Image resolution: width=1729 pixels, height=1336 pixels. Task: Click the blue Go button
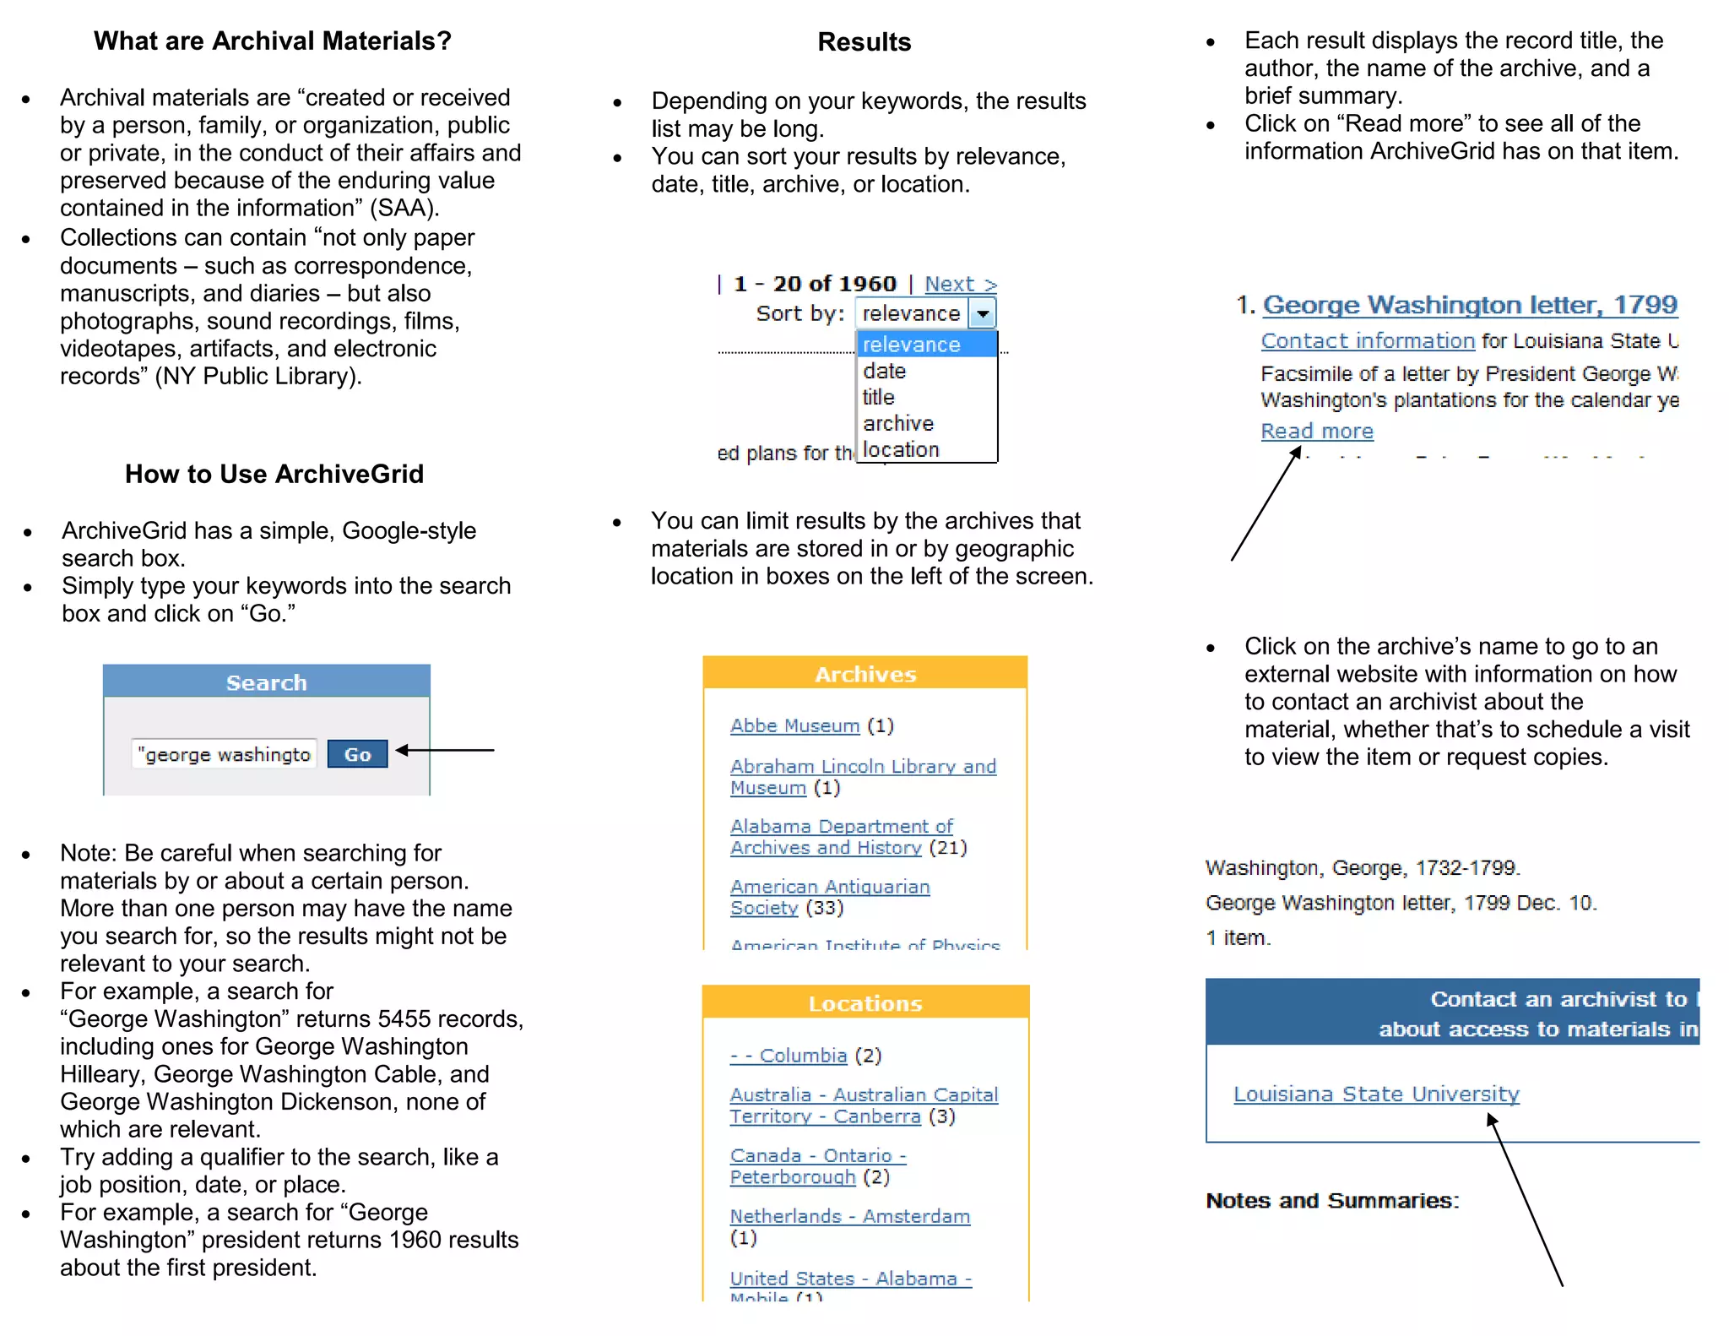click(x=357, y=754)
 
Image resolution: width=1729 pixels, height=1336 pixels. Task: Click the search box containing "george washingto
click(x=225, y=754)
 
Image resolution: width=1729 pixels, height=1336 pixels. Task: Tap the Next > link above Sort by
click(x=960, y=284)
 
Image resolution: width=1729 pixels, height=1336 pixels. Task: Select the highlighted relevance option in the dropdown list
click(x=926, y=345)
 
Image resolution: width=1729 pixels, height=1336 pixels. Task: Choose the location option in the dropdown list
click(x=901, y=450)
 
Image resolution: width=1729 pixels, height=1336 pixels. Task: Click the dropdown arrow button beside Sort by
click(x=982, y=313)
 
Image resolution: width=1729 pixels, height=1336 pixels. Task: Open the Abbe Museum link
click(x=794, y=725)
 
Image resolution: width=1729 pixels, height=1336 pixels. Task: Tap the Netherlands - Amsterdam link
click(x=849, y=1216)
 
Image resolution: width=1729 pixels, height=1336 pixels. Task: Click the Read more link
click(x=1316, y=432)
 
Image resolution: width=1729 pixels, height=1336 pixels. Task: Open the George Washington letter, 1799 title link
click(x=1469, y=304)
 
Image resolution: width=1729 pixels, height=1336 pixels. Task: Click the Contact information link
click(x=1367, y=340)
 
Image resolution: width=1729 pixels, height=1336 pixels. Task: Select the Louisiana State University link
click(x=1375, y=1094)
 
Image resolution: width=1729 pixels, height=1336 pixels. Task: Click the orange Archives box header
click(x=864, y=673)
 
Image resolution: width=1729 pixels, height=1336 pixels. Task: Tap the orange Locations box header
click(x=864, y=1002)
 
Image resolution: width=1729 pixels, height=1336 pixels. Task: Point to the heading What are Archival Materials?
click(x=272, y=41)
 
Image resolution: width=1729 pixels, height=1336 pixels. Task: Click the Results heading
click(x=864, y=42)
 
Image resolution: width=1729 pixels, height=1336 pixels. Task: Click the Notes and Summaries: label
click(x=1331, y=1200)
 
